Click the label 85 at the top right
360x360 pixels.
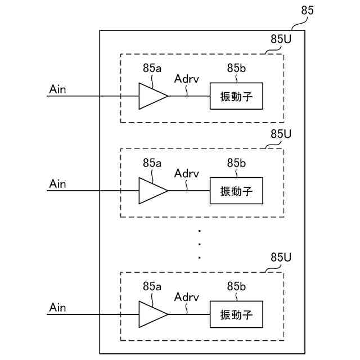pos(307,10)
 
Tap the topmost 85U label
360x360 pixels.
pos(281,39)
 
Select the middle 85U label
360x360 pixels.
pos(281,134)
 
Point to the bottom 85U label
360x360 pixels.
pos(281,258)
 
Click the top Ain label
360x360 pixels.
pos(57,89)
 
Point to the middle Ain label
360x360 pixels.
pos(57,184)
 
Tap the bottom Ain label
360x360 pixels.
pos(57,308)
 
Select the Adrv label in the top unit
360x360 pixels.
pos(186,79)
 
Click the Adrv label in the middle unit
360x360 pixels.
pos(186,174)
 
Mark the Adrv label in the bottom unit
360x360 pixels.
pos(186,298)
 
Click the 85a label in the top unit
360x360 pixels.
pos(152,68)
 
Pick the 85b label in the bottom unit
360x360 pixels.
pos(236,286)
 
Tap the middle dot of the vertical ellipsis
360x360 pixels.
pos(200,245)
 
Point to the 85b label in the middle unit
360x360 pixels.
pos(236,163)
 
